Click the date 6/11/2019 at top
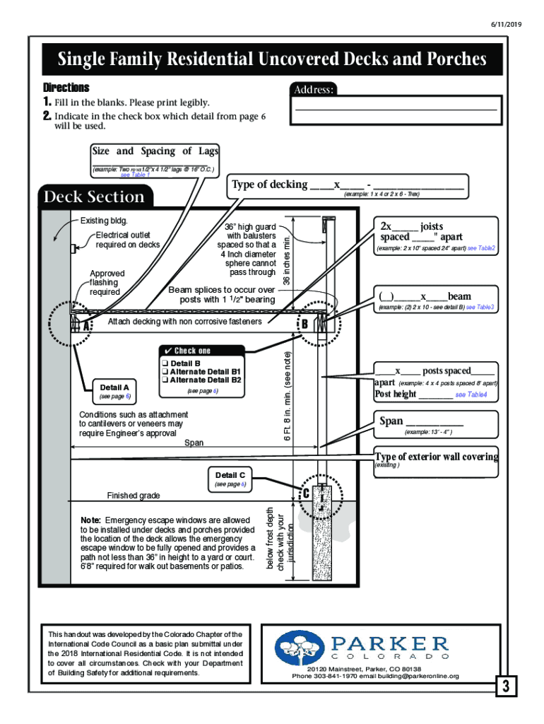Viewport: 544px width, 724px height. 507,24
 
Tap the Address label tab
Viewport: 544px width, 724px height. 314,90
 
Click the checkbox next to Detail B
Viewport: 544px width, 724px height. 164,363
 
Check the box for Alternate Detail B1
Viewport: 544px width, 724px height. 164,371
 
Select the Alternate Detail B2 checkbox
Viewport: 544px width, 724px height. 164,380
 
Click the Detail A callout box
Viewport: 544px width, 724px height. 114,391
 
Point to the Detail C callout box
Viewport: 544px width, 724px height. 230,479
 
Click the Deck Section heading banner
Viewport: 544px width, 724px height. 95,197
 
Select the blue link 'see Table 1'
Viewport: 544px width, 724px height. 135,175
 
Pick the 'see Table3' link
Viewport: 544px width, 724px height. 480,308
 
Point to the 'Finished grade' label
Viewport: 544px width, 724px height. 134,496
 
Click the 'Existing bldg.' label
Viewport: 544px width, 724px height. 104,221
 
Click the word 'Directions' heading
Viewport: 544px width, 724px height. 66,88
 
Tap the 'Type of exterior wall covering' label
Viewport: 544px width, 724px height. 436,456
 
